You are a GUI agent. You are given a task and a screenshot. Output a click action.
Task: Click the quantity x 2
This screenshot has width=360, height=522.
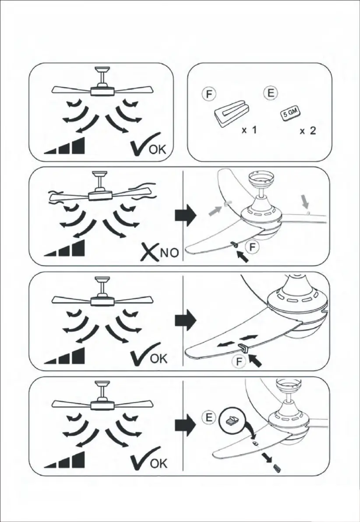click(x=307, y=131)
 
